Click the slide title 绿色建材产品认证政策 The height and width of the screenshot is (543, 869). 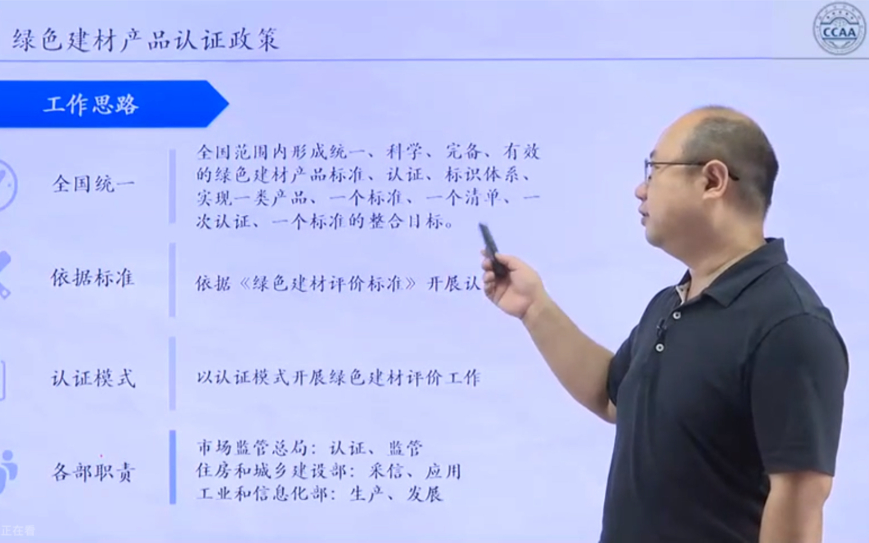pyautogui.click(x=145, y=39)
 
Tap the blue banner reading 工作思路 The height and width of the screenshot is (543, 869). pyautogui.click(x=91, y=104)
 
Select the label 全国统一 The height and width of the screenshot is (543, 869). pyautogui.click(x=93, y=184)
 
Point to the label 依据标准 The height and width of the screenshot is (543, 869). pyautogui.click(x=93, y=278)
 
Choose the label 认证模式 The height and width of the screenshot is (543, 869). pyautogui.click(x=93, y=378)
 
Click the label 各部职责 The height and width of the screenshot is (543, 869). pyautogui.click(x=93, y=472)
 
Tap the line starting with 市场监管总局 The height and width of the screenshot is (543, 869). pyautogui.click(x=309, y=448)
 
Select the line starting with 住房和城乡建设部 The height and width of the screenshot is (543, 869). pyautogui.click(x=328, y=471)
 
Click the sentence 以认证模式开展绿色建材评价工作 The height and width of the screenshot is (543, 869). pyautogui.click(x=338, y=378)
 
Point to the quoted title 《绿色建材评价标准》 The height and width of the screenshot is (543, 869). pyautogui.click(x=328, y=284)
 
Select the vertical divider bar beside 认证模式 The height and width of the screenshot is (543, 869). pyautogui.click(x=172, y=373)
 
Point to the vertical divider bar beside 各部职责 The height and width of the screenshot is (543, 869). pyautogui.click(x=172, y=467)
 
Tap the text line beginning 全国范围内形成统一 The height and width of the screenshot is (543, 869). pyautogui.click(x=368, y=152)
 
